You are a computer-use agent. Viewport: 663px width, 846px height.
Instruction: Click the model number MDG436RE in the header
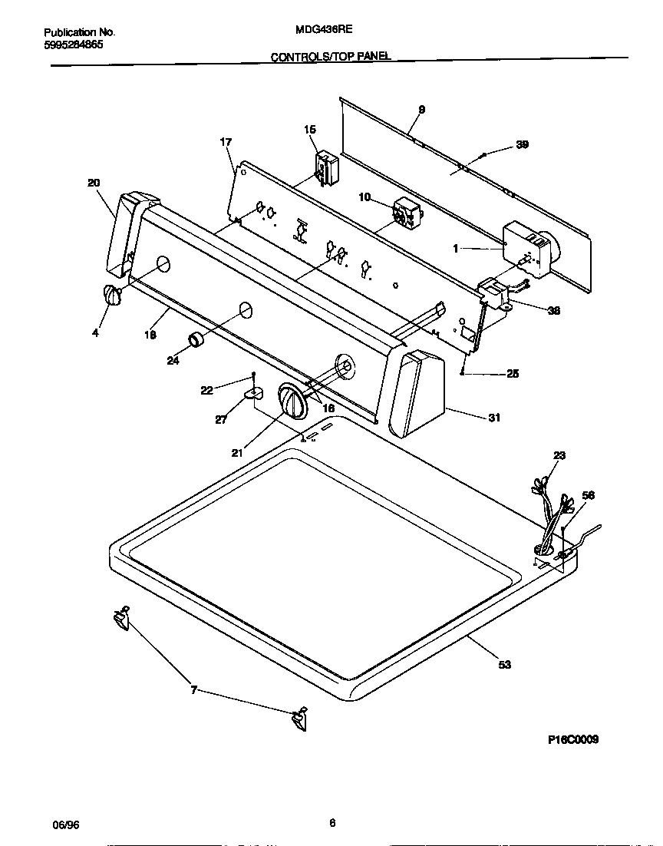(323, 31)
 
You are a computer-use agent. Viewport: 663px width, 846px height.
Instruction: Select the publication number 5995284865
(74, 45)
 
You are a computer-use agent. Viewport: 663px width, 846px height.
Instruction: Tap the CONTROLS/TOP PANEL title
(331, 57)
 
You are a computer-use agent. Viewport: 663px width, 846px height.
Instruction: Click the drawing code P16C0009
(572, 739)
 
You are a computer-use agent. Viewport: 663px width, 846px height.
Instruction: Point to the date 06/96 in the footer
(66, 825)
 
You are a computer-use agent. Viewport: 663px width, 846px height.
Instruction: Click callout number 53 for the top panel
(504, 665)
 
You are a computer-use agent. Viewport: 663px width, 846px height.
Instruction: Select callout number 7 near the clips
(193, 691)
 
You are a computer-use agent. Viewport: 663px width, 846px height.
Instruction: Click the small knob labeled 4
(113, 296)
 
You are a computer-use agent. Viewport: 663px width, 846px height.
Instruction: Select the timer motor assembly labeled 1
(529, 250)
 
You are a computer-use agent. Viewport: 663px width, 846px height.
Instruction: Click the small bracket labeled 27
(252, 393)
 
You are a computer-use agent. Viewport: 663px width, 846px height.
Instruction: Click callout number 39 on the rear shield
(522, 144)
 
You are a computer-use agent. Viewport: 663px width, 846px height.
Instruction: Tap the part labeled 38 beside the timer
(495, 292)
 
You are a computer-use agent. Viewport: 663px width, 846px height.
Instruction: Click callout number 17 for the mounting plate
(226, 142)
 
